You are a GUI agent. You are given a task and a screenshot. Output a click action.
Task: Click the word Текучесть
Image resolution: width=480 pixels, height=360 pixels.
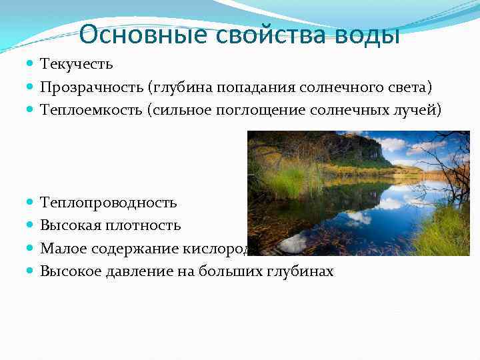pyautogui.click(x=77, y=65)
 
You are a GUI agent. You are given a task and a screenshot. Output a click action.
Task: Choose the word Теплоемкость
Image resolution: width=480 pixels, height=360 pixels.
pyautogui.click(x=91, y=110)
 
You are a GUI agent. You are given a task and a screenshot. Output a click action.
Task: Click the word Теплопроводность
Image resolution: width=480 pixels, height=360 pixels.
pyautogui.click(x=109, y=203)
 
